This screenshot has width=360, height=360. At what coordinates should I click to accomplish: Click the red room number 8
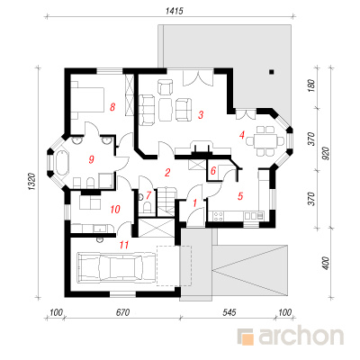click(112, 107)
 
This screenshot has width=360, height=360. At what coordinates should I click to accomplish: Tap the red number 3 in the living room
click(201, 114)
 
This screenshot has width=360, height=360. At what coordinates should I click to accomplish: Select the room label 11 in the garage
click(124, 245)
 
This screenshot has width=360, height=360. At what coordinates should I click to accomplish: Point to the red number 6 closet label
click(213, 171)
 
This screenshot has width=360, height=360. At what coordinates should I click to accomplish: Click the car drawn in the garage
click(111, 267)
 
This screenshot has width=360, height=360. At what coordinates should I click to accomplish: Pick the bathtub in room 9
click(61, 162)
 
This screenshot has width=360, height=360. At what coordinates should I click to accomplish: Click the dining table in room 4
click(265, 140)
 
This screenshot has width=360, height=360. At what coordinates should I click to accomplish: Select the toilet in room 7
click(148, 208)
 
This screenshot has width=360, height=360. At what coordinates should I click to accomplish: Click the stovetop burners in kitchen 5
click(218, 216)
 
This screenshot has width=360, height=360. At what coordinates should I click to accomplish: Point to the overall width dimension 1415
click(174, 11)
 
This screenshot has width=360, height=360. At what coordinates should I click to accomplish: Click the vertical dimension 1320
click(32, 181)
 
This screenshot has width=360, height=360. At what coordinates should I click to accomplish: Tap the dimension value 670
click(122, 312)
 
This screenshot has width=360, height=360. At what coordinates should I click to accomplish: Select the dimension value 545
click(229, 312)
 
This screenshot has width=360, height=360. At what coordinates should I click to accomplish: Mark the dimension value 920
click(327, 153)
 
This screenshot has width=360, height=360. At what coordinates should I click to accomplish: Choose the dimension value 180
click(311, 86)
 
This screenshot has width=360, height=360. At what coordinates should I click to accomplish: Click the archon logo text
click(301, 337)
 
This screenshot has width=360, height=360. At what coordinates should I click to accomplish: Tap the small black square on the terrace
click(272, 72)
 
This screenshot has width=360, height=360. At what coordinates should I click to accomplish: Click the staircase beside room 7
click(166, 201)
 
